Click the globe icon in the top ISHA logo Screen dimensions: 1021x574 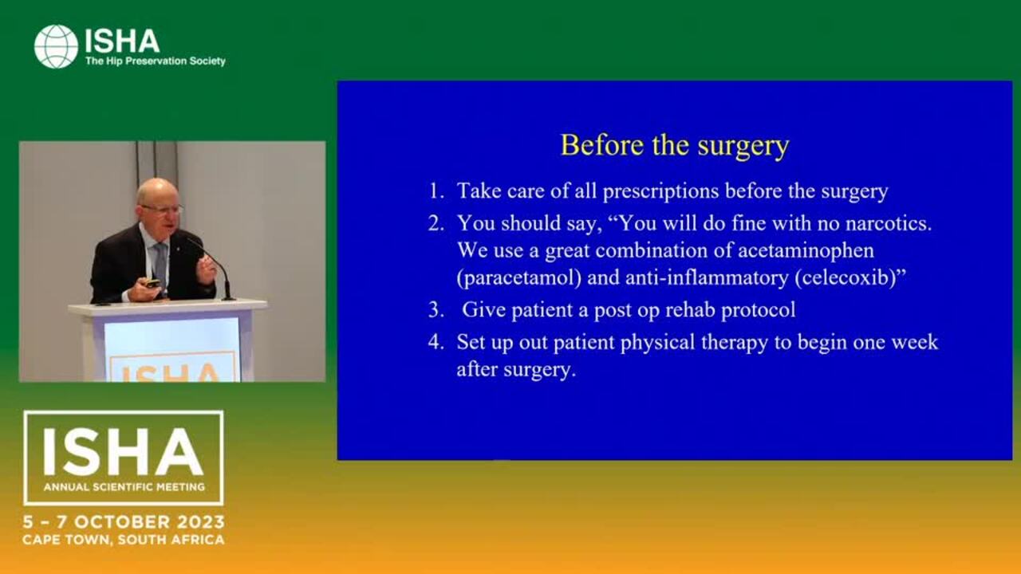[x=56, y=46]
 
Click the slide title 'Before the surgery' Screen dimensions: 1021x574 [x=675, y=146]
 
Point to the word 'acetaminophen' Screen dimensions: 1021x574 [x=806, y=251]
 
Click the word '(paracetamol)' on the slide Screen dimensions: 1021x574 [x=519, y=278]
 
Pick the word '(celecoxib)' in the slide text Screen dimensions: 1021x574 [x=846, y=278]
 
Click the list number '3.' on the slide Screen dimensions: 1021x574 [x=436, y=310]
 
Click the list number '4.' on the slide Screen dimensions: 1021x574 [x=436, y=343]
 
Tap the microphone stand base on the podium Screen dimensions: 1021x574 [x=228, y=299]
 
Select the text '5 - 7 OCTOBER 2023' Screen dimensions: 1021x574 [x=124, y=522]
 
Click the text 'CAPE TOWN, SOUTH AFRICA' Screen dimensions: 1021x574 [x=124, y=541]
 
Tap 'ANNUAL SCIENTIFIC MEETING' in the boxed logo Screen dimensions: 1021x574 [x=124, y=487]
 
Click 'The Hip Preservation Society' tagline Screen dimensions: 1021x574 [x=156, y=61]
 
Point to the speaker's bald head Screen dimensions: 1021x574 [x=157, y=191]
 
